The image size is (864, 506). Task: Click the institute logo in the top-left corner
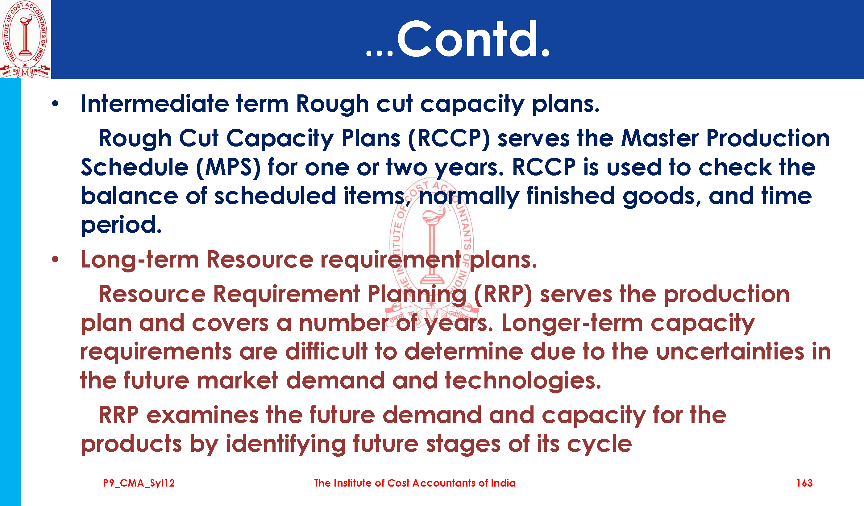coord(25,39)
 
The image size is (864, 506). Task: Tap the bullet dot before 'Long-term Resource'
coord(55,259)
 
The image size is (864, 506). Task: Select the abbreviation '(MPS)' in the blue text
coord(228,168)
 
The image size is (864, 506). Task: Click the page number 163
coord(804,483)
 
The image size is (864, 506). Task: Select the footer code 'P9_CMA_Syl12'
coord(139,483)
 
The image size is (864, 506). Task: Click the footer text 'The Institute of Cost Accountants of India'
coord(415,483)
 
